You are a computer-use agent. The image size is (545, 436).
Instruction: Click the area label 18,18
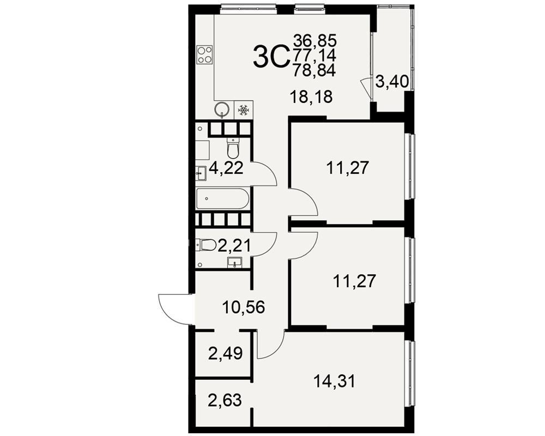click(x=311, y=97)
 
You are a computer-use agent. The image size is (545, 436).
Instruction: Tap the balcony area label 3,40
click(x=392, y=82)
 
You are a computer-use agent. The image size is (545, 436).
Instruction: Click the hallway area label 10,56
click(x=244, y=307)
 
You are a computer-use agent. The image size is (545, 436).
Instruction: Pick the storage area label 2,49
click(x=225, y=354)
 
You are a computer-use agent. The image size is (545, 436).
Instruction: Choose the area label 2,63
click(x=225, y=400)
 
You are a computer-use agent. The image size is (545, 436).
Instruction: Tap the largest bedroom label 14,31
click(x=335, y=381)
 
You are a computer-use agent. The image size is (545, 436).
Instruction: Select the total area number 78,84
click(x=314, y=71)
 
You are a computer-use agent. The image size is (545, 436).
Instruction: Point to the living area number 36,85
click(x=315, y=41)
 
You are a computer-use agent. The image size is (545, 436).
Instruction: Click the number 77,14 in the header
click(x=314, y=56)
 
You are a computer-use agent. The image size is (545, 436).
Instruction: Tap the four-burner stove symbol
click(x=205, y=55)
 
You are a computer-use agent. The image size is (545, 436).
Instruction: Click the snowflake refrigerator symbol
click(x=243, y=111)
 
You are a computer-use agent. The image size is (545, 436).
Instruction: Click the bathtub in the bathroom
click(x=223, y=198)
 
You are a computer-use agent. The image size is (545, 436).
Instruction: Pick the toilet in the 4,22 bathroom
click(x=233, y=148)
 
